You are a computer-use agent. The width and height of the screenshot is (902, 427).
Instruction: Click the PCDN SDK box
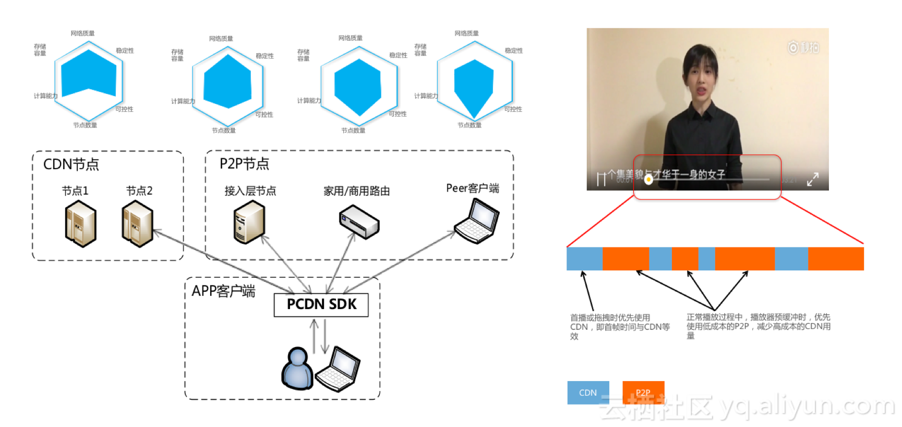[321, 305]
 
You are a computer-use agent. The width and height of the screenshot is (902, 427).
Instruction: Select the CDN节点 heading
[71, 164]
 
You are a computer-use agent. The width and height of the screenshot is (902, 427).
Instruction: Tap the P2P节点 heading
[244, 164]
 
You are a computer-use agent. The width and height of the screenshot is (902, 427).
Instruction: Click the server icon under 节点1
[80, 225]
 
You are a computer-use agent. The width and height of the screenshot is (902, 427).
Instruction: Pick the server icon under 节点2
[137, 224]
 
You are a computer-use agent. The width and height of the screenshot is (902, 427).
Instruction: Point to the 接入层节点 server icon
[249, 222]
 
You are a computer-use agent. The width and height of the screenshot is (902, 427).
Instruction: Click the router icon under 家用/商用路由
[359, 222]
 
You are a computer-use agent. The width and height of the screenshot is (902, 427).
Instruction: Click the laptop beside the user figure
[338, 369]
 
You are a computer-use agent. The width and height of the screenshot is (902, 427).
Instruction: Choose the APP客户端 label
[223, 291]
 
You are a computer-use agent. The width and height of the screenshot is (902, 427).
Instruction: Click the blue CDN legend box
[588, 393]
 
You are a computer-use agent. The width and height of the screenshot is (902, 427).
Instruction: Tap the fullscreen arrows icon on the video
[812, 180]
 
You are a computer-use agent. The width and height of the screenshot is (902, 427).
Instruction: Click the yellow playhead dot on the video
[648, 180]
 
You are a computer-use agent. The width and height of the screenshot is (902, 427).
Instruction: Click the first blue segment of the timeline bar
[584, 259]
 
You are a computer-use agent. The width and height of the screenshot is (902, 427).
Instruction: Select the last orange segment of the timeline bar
[836, 259]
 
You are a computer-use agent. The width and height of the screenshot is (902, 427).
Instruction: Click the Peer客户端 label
[472, 188]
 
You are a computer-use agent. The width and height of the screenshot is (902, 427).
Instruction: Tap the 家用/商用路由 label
[356, 191]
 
